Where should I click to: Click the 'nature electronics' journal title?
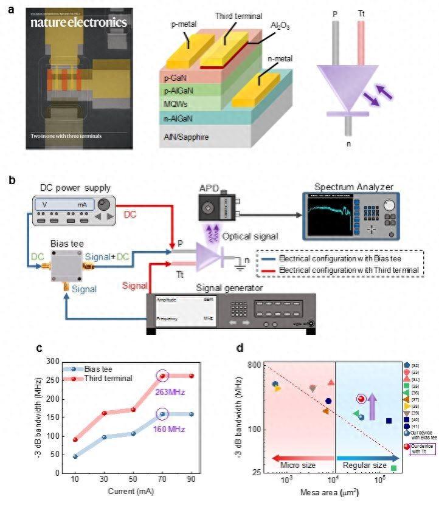tap(77, 22)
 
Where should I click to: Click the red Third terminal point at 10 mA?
tap(75, 439)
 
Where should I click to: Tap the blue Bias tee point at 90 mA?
tap(192, 414)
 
